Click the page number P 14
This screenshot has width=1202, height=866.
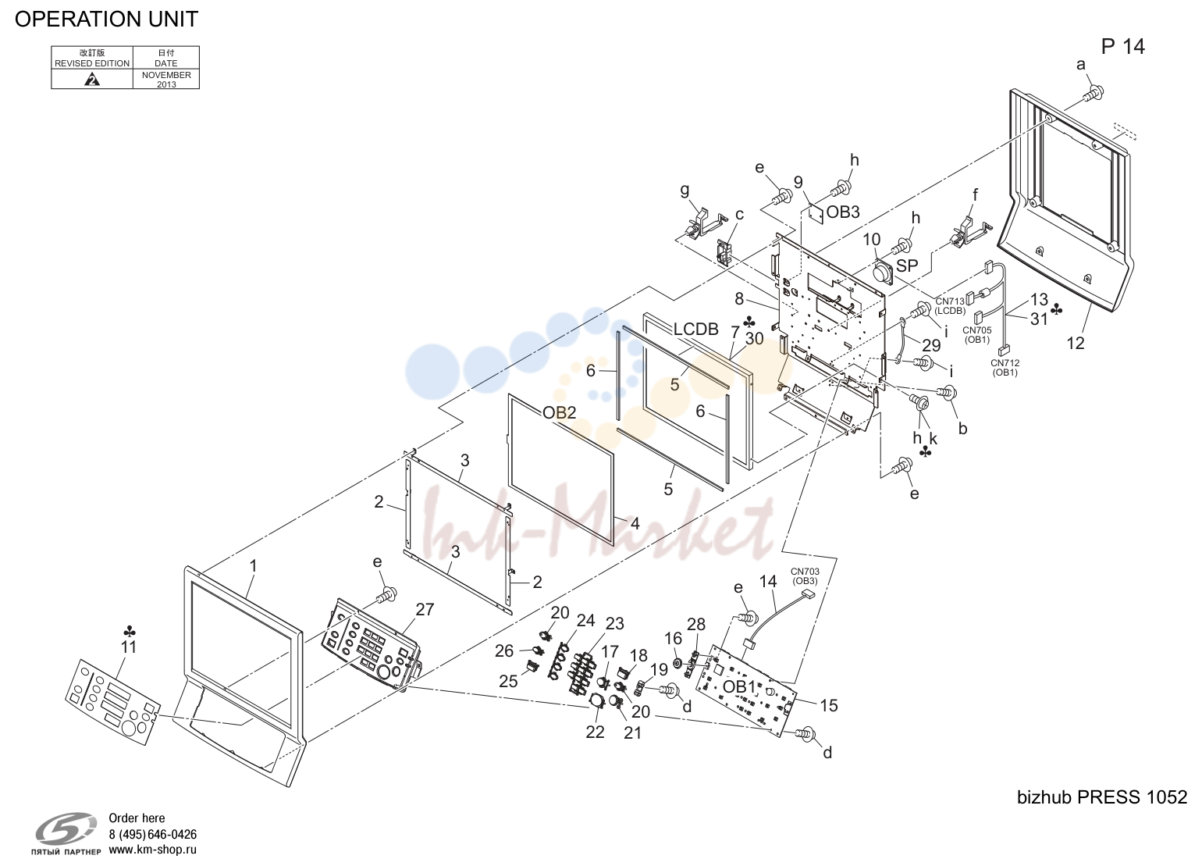click(x=1123, y=47)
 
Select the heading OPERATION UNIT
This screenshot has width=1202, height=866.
click(x=106, y=20)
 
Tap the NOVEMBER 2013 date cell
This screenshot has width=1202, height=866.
click(x=166, y=80)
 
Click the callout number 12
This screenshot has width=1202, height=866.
click(x=1076, y=343)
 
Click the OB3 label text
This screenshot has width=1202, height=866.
click(x=843, y=212)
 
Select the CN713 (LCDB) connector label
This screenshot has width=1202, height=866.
click(x=950, y=306)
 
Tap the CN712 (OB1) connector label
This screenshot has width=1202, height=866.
click(x=1005, y=368)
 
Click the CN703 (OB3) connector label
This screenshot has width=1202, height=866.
click(x=805, y=576)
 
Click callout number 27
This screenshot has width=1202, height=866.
click(x=425, y=609)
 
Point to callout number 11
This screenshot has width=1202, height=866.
click(x=129, y=647)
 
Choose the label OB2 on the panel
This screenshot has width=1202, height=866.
click(x=559, y=412)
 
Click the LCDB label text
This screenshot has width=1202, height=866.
click(x=696, y=329)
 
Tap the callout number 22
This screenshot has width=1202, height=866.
click(x=595, y=732)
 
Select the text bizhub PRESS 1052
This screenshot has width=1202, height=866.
click(x=1102, y=797)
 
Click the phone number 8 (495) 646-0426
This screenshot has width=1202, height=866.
click(x=152, y=835)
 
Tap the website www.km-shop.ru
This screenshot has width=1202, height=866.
click(x=152, y=850)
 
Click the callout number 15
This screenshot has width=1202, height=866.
click(x=829, y=705)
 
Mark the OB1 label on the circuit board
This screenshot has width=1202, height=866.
click(x=739, y=686)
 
